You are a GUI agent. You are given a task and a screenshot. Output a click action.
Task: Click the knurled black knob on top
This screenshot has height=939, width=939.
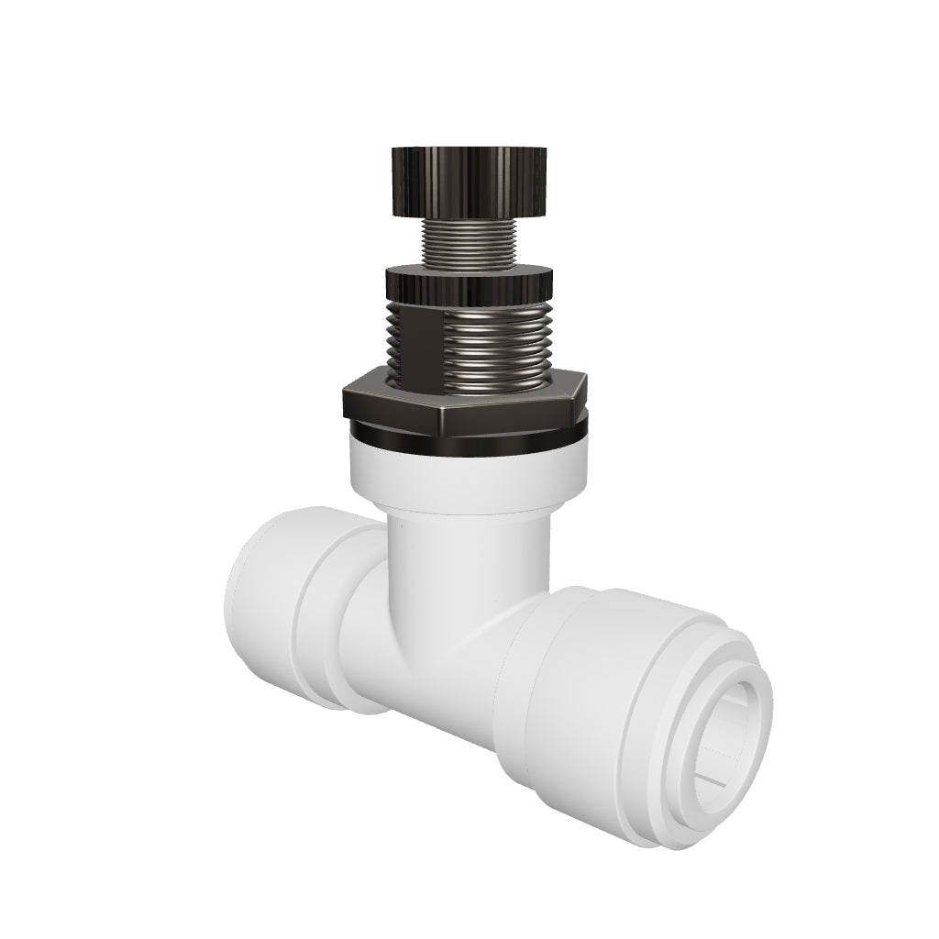coord(469,181)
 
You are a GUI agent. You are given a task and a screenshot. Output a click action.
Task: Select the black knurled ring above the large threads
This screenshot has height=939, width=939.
coord(469,284)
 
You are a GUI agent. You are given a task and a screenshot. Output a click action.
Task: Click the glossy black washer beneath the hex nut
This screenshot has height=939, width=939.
coord(468,438)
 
